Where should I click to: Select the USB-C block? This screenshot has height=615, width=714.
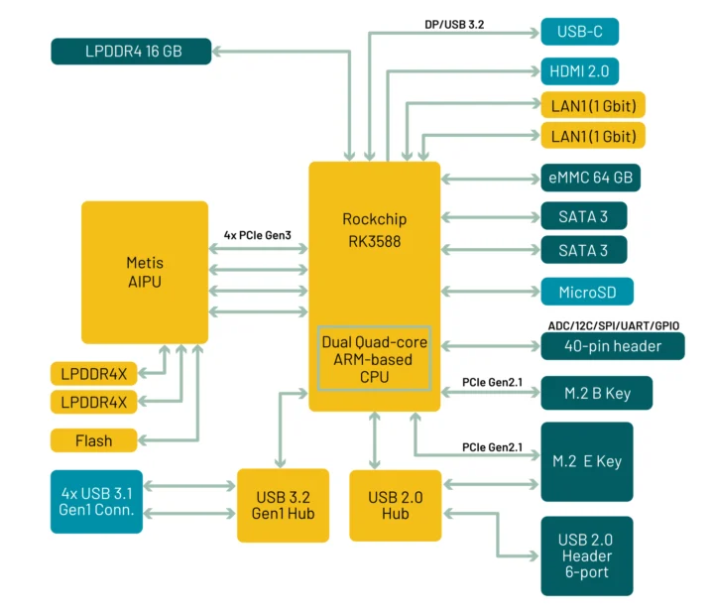[579, 32]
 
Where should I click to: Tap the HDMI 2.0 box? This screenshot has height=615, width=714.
[579, 71]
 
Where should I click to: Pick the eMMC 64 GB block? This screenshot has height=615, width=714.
[590, 178]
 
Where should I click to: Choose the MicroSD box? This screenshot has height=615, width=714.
[585, 292]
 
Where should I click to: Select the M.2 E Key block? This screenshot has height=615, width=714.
[587, 461]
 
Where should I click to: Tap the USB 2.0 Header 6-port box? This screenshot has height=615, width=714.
[587, 555]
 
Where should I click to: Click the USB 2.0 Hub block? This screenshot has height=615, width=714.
[396, 505]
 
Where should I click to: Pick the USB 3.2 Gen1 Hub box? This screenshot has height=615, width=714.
[283, 505]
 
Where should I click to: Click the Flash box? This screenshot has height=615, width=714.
[94, 440]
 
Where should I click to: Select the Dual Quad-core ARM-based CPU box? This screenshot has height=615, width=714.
[374, 358]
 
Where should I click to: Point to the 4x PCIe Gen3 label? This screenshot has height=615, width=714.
[257, 234]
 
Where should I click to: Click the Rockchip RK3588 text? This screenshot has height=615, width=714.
[374, 229]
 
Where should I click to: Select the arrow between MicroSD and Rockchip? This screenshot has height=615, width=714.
[490, 292]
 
